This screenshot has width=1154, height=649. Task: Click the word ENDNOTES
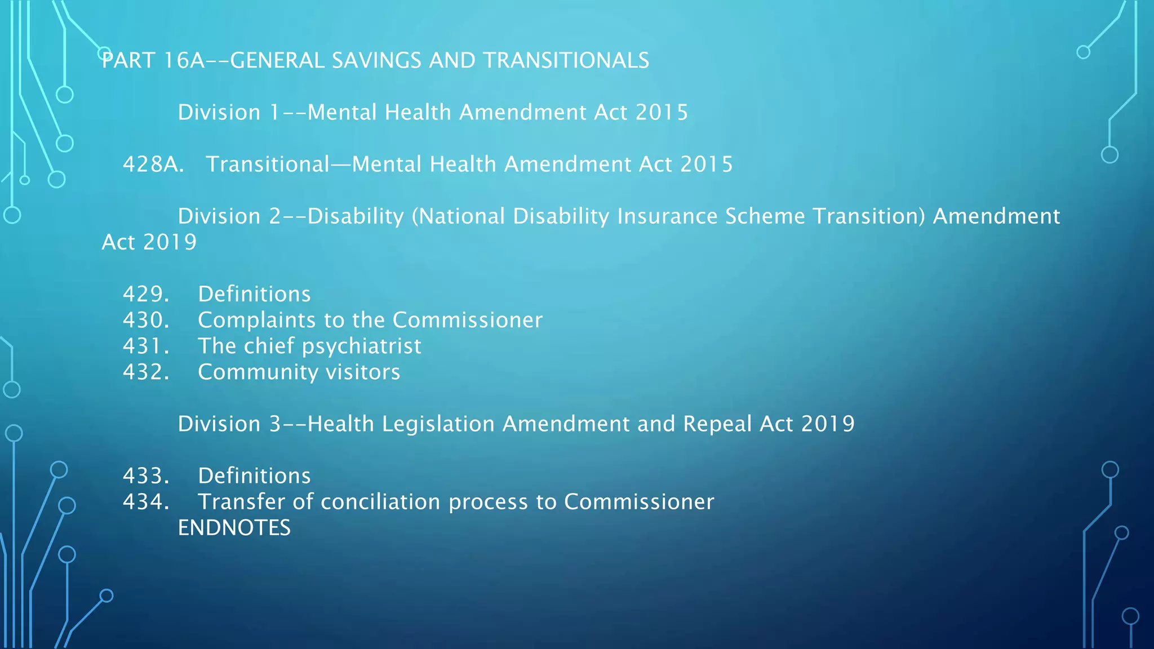click(234, 528)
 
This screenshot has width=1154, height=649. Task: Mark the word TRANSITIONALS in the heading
click(566, 61)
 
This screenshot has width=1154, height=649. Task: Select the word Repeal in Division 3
click(717, 424)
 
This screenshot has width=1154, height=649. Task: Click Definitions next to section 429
click(254, 294)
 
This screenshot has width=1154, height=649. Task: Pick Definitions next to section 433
click(254, 476)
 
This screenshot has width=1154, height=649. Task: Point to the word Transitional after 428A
click(268, 165)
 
